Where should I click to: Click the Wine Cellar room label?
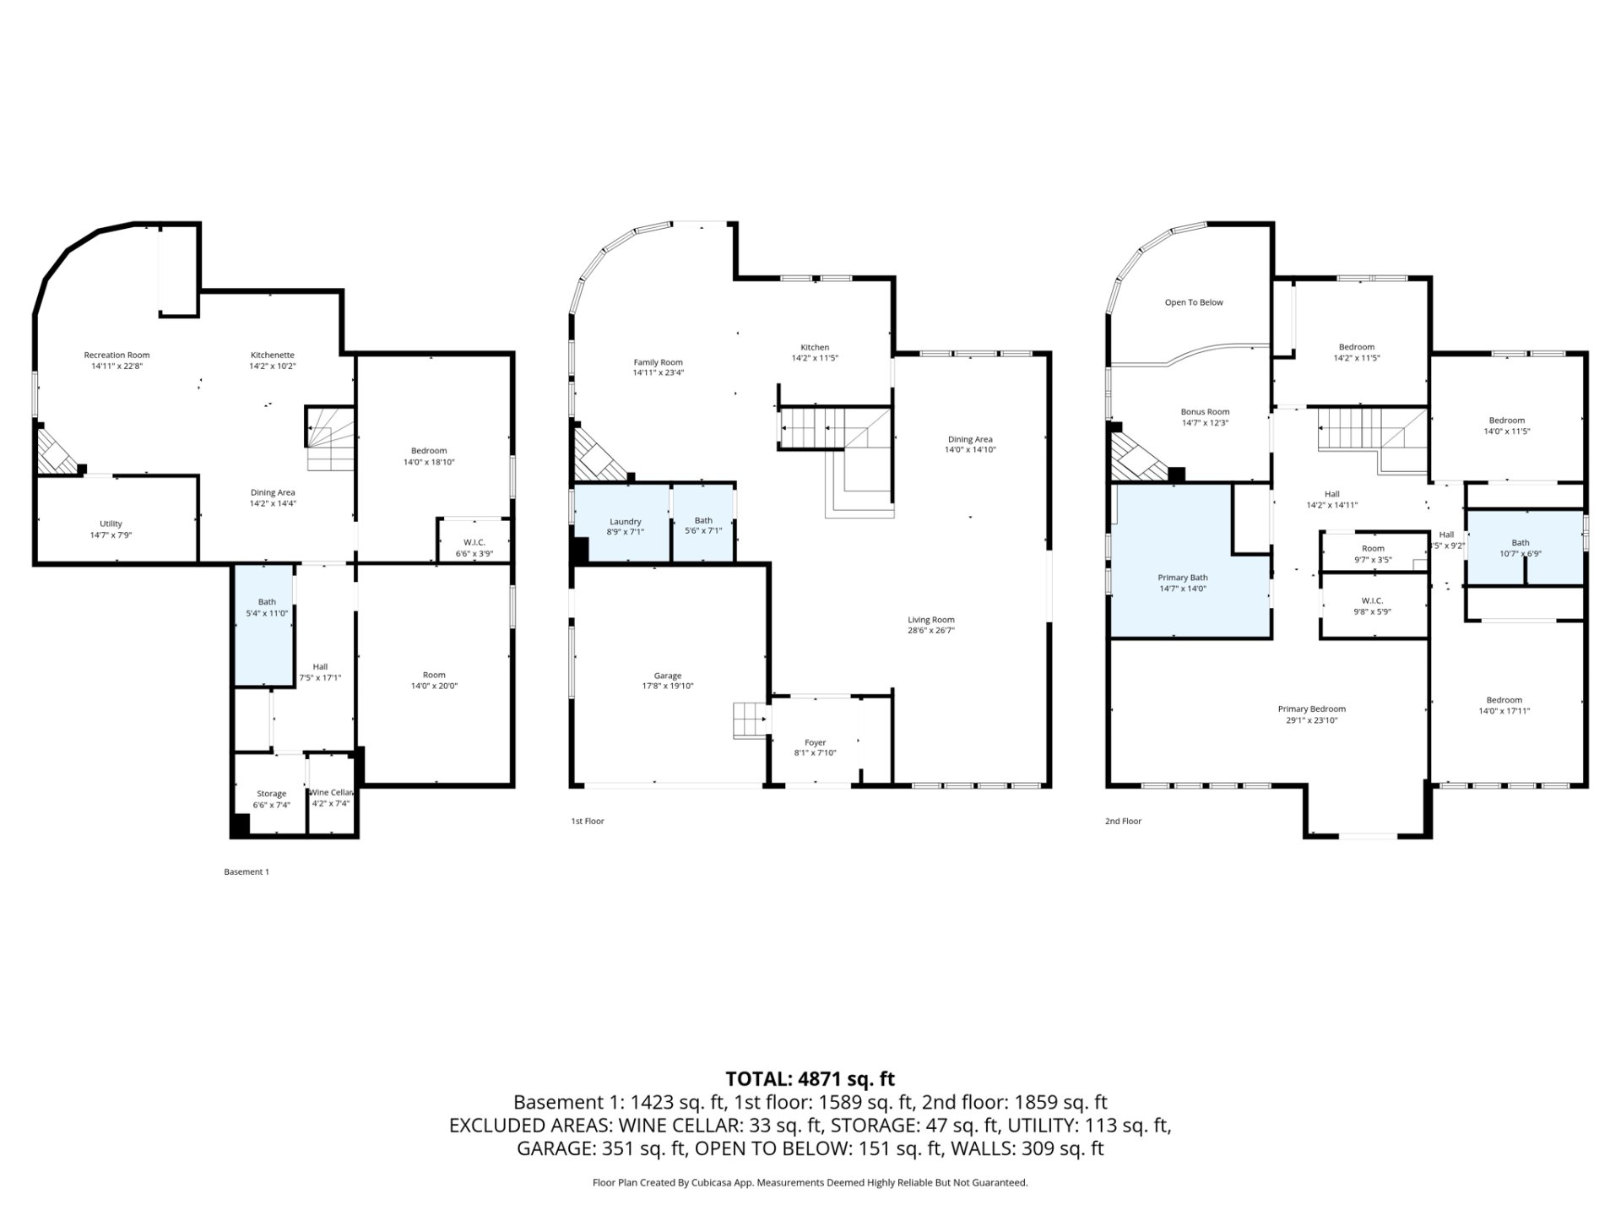331,792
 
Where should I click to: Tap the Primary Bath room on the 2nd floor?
1190,561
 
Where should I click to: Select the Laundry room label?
625,522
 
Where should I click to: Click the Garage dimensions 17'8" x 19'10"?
667,687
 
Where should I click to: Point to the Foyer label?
815,743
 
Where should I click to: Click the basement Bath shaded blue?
264,626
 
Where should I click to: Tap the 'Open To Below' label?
1194,302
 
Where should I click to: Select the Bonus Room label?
1205,412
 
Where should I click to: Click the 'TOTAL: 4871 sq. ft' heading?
810,1079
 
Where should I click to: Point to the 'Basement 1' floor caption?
247,871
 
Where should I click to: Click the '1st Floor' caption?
588,821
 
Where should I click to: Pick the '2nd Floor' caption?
1123,821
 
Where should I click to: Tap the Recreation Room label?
117,356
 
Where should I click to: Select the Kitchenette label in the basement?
272,356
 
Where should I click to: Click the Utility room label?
111,524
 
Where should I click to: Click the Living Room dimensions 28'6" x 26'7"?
931,631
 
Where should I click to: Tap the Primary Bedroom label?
1311,709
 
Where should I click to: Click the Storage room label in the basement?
271,794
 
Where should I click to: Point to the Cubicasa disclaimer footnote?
810,1183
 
